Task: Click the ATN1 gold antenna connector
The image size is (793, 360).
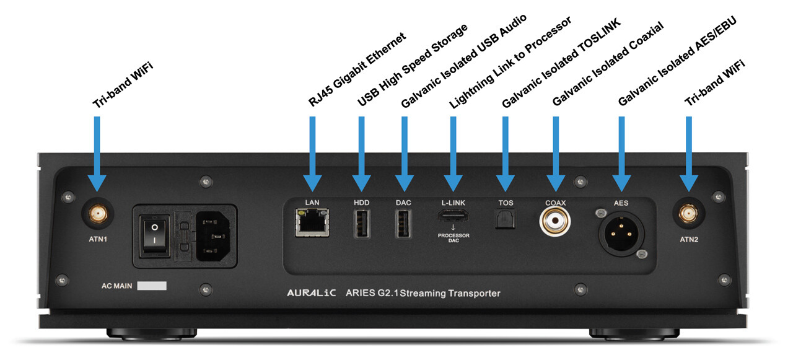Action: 98,214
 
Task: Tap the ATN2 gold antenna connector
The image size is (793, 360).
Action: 688,214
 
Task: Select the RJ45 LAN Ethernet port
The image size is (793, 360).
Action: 312,222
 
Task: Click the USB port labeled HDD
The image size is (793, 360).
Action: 362,223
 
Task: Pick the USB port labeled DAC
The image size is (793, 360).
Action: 403,223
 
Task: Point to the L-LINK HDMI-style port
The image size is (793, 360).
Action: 453,215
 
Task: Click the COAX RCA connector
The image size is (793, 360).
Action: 554,221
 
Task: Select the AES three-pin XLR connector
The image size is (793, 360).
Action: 621,234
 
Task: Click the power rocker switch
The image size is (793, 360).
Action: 154,234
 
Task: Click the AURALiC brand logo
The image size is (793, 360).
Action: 312,293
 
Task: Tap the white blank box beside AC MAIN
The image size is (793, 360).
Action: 152,286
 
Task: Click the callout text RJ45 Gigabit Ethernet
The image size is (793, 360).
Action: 357,69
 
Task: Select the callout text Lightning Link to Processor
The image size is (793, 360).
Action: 510,63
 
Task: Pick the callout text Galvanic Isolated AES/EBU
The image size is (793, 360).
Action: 677,61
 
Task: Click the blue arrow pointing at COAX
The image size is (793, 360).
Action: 556,154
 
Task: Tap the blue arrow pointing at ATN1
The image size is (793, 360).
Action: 97,154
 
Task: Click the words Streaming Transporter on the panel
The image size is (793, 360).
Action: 450,294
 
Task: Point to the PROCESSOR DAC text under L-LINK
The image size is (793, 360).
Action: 453,238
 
